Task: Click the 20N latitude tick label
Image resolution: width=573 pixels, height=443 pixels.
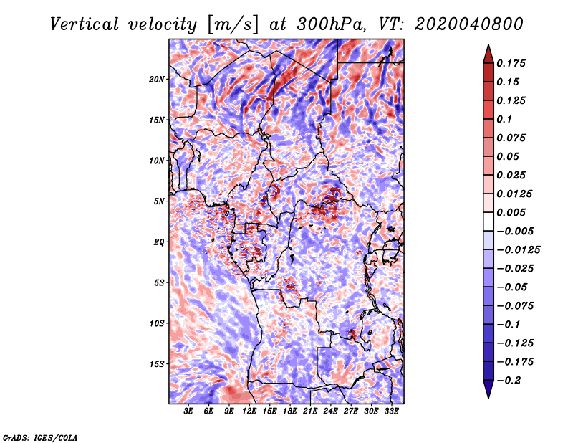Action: pos(158,79)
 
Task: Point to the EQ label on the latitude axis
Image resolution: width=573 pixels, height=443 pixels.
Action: pos(159,242)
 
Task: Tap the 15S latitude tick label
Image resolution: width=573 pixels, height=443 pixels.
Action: pos(158,363)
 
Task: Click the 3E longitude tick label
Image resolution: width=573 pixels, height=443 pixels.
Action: pos(188,411)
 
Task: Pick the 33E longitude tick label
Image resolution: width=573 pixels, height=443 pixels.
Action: pos(391,411)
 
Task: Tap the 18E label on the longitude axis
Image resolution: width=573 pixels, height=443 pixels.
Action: pos(289,411)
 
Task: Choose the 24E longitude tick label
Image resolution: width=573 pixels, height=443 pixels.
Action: pos(330,411)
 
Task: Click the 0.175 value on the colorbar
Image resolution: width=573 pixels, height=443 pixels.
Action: pos(514,63)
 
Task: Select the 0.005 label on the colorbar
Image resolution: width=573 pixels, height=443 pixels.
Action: pos(514,212)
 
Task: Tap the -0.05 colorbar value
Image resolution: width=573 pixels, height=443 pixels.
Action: pos(512,287)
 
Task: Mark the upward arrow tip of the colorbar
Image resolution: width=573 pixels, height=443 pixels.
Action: pos(488,47)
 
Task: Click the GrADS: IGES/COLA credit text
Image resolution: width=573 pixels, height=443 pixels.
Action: pos(40,437)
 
